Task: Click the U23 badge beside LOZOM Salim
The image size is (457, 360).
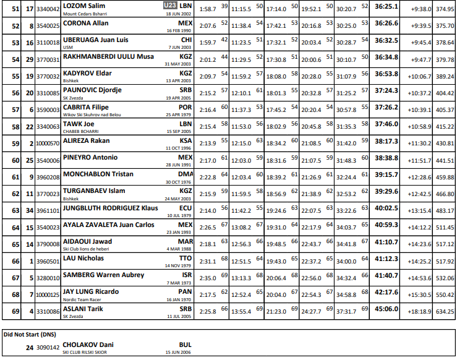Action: point(170,6)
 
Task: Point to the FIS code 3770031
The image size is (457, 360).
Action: point(48,59)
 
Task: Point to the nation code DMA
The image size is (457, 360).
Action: point(185,174)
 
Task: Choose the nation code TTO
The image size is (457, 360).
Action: point(186,257)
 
